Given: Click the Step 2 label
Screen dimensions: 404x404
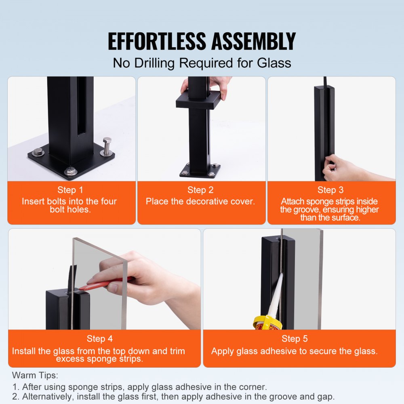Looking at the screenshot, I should [201, 190].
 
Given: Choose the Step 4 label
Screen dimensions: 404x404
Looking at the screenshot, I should [99, 339].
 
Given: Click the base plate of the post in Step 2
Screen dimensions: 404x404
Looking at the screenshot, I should [200, 170].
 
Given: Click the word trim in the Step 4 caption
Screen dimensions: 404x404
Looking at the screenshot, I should [178, 351].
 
